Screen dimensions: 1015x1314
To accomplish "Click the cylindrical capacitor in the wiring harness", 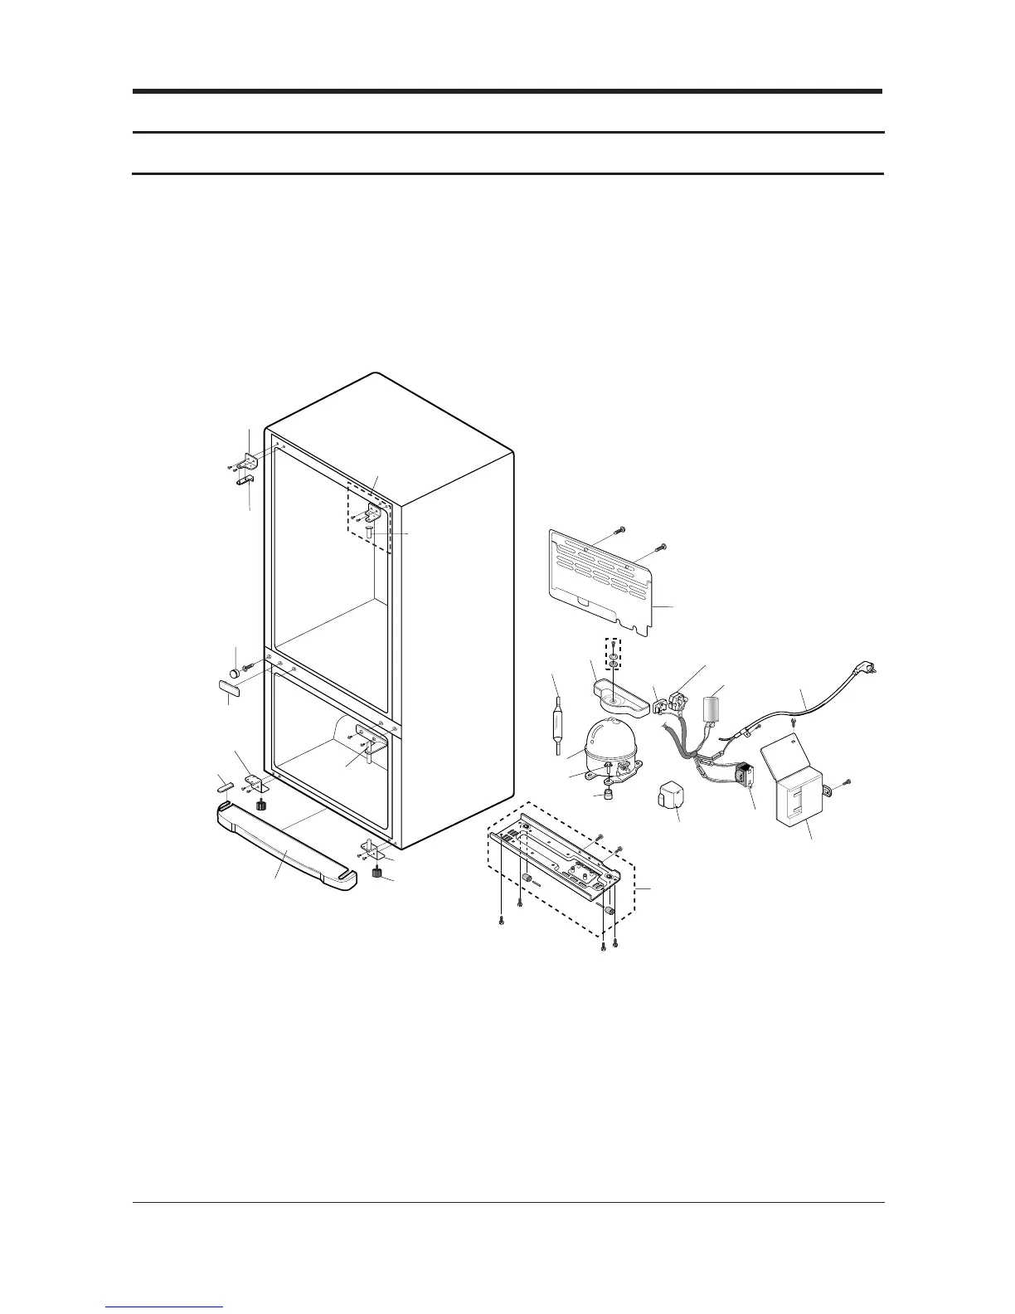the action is (x=711, y=710).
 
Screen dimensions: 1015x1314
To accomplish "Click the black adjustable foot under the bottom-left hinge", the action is (x=261, y=805).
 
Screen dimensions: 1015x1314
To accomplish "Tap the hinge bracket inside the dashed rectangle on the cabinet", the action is (x=372, y=513).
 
